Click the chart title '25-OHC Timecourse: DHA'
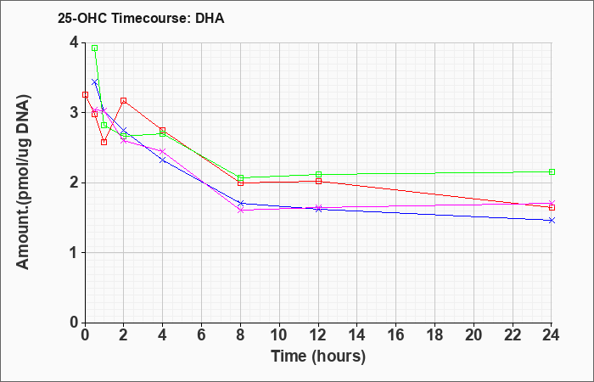141,18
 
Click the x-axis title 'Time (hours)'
318,357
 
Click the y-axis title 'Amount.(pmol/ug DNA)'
23,182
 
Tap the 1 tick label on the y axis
75,253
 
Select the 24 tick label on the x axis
552,335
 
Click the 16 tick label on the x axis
396,335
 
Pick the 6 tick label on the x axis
201,335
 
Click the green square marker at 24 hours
552,172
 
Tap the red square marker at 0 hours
85,95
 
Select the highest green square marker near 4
95,48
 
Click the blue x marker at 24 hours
552,220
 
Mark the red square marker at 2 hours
124,101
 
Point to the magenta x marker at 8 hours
240,210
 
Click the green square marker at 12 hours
318,174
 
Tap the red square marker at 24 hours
552,207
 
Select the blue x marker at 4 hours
163,160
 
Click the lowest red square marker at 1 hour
104,142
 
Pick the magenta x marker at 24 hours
552,203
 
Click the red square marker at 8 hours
240,183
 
